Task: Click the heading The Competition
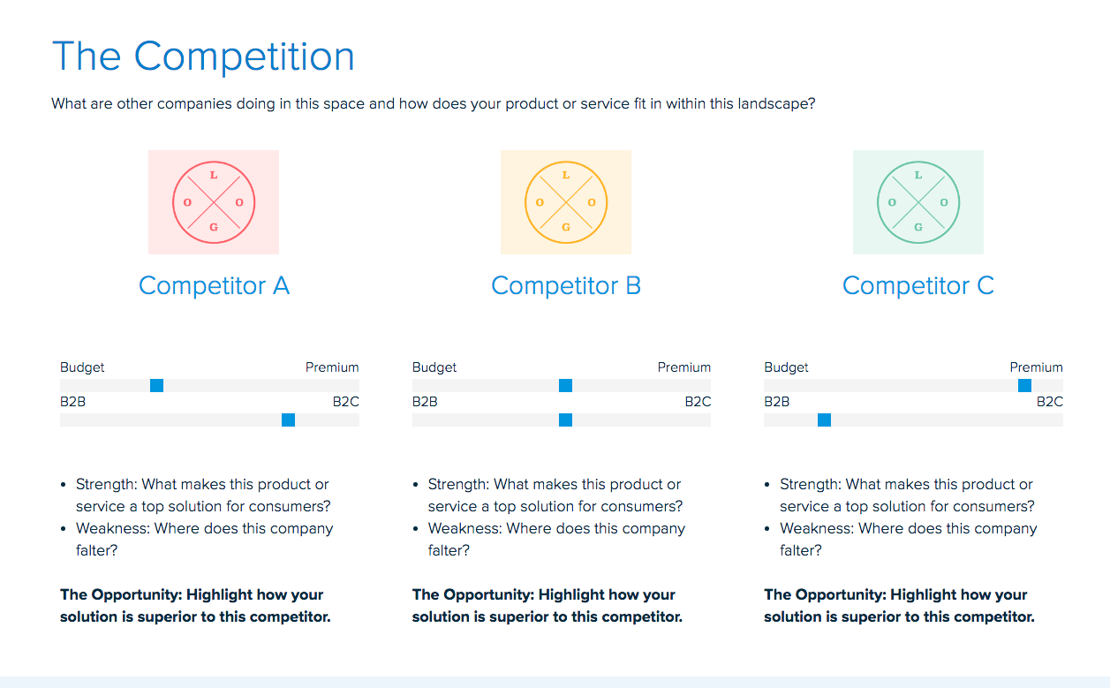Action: [203, 57]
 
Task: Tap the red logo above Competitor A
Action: [214, 202]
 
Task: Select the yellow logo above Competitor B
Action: [566, 202]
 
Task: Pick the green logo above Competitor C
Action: [918, 202]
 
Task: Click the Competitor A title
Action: [214, 286]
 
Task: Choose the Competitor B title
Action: [566, 286]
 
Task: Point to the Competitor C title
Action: [918, 286]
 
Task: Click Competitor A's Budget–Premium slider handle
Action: [156, 385]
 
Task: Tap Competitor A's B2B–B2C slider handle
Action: [288, 420]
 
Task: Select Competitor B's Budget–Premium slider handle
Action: [566, 385]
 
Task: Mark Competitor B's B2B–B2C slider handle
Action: [566, 420]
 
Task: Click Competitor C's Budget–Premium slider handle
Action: [1024, 385]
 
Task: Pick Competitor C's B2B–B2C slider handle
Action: [824, 420]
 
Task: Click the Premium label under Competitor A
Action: [332, 367]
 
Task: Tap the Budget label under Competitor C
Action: [786, 367]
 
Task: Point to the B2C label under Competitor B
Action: [698, 402]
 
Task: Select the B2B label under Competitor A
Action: [72, 402]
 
